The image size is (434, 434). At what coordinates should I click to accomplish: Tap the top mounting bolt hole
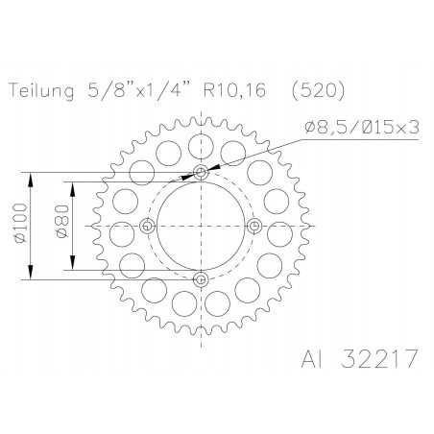tap(201, 173)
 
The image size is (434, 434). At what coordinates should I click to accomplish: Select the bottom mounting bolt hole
tap(201, 279)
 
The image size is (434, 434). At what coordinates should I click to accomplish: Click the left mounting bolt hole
tap(147, 226)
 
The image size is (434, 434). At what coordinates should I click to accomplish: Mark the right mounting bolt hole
tap(254, 226)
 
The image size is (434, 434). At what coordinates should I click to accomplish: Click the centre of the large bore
tap(201, 226)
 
